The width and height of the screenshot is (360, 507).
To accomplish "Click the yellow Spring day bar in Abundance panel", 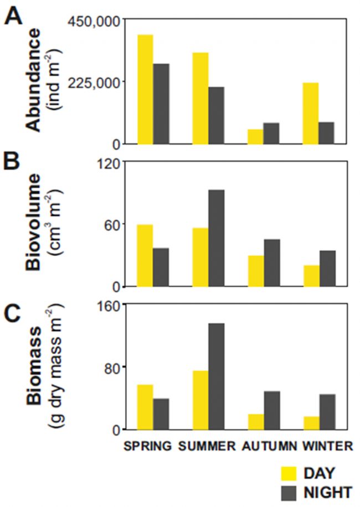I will [x=145, y=89].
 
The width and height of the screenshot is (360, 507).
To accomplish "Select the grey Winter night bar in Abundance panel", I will [x=327, y=133].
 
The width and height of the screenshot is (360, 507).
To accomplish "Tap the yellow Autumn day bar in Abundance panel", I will [x=255, y=136].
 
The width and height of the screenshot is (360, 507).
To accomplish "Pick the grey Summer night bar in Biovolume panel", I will [x=217, y=238].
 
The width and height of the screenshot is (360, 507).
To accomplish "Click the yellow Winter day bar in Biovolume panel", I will [x=311, y=276].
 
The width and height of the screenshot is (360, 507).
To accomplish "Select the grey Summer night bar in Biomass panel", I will [x=217, y=376].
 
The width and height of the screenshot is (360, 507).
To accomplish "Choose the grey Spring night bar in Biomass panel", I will [x=161, y=413].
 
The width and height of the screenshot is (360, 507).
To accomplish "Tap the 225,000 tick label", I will [x=92, y=82].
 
